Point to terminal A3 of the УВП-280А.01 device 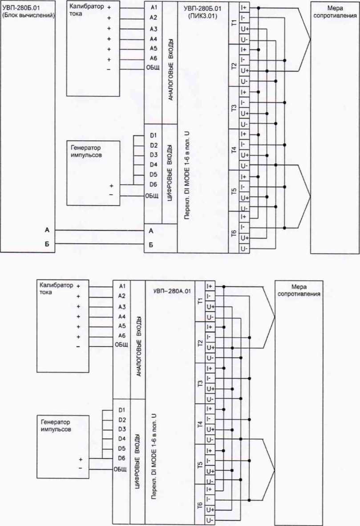pyautogui.click(x=121, y=306)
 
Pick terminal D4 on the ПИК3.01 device pyautogui.click(x=154, y=164)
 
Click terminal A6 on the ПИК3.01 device pyautogui.click(x=154, y=58)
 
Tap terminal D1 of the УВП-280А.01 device pyautogui.click(x=121, y=409)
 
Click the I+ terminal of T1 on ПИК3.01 pyautogui.click(x=244, y=8)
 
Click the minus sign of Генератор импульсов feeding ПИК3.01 pyautogui.click(x=111, y=195)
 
